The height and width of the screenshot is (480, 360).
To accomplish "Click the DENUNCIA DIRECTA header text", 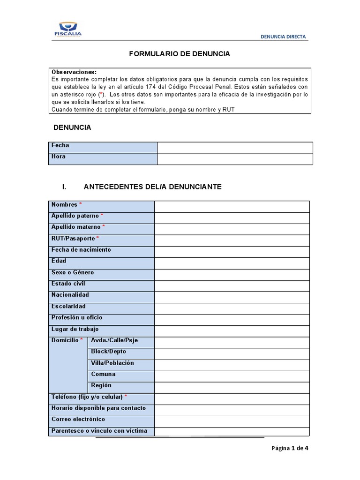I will click(284, 37).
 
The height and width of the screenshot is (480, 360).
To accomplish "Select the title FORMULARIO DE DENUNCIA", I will click(180, 54).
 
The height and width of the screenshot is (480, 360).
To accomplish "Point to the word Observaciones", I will click(74, 72).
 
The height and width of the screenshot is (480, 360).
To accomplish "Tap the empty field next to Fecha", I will click(234, 148).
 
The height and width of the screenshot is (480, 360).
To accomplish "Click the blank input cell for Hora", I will click(234, 159).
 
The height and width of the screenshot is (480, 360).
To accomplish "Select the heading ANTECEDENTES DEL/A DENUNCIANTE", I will click(152, 187).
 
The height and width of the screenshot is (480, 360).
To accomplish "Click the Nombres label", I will click(65, 205).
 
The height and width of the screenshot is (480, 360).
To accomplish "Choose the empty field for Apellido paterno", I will click(232, 218).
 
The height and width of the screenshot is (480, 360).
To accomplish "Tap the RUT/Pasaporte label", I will click(73, 239).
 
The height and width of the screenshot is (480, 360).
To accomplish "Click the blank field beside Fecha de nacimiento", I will click(232, 252).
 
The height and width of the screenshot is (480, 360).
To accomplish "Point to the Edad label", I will click(59, 261).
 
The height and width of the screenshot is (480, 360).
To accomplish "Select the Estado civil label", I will click(68, 284).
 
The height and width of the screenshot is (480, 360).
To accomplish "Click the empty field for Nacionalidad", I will click(232, 297).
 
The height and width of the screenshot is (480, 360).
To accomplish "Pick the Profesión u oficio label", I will click(77, 317).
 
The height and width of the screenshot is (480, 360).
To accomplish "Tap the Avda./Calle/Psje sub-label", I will click(114, 340).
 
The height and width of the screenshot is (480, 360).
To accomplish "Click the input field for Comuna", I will click(232, 376).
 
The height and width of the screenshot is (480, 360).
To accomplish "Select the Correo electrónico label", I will click(78, 419).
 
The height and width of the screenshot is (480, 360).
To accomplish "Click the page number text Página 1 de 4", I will click(290, 448).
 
